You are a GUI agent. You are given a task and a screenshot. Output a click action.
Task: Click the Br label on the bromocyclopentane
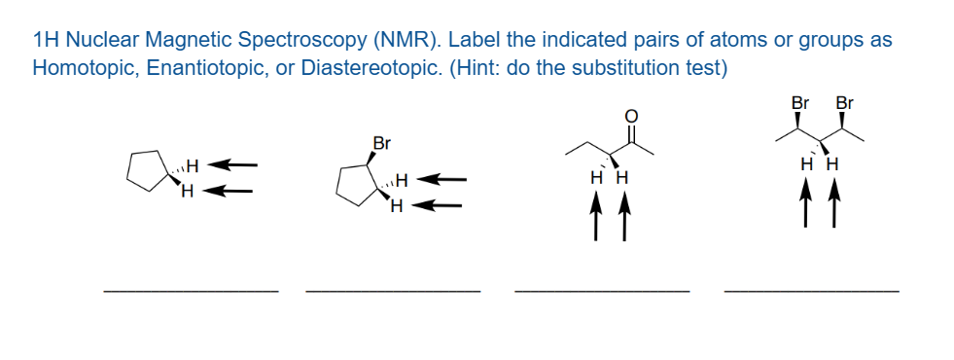point(382,144)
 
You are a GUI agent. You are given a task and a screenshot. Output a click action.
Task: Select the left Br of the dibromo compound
point(800,102)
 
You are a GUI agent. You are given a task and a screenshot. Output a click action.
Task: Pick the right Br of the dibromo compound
point(844,102)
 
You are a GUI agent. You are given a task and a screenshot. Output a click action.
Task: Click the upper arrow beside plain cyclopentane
point(234,164)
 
